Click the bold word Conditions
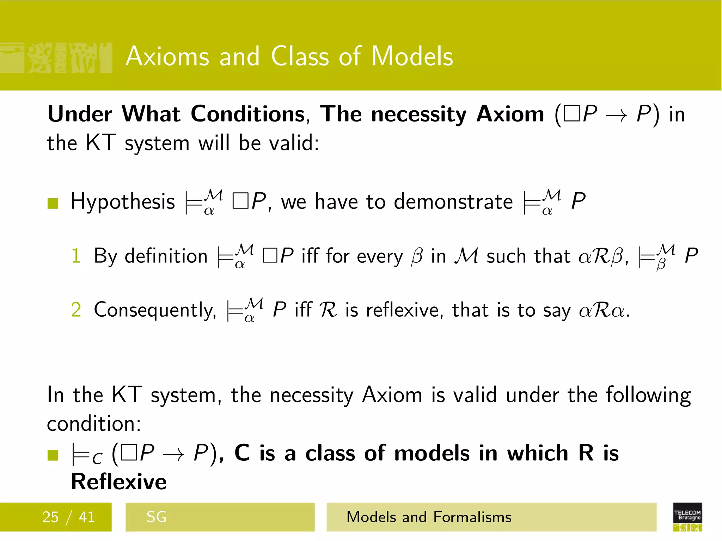pyautogui.click(x=248, y=114)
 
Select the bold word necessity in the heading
pyautogui.click(x=419, y=115)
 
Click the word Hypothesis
pyautogui.click(x=123, y=202)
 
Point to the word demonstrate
pyautogui.click(x=453, y=202)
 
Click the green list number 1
pyautogui.click(x=76, y=256)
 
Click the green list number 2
pyautogui.click(x=76, y=310)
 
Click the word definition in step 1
pyautogui.click(x=166, y=256)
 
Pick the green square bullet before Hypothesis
pyautogui.click(x=53, y=203)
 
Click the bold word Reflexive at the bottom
pyautogui.click(x=119, y=482)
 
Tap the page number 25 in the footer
pyautogui.click(x=50, y=517)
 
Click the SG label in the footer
pyautogui.click(x=156, y=517)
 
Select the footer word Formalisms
pyautogui.click(x=472, y=517)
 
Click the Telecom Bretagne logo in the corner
pyautogui.click(x=687, y=517)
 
